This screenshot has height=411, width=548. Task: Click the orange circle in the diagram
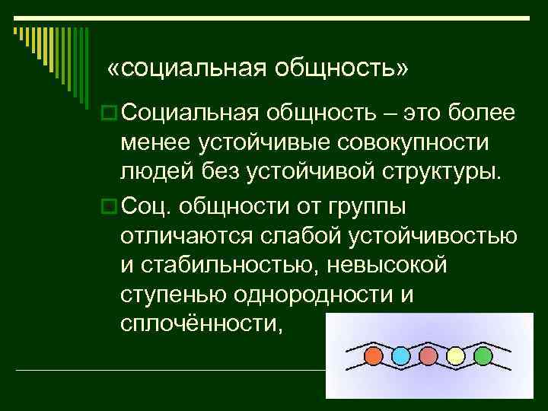click(x=374, y=355)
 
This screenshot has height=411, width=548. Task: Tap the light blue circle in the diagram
click(x=401, y=355)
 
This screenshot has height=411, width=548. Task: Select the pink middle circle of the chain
click(x=429, y=355)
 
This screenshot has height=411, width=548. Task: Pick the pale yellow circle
click(x=455, y=355)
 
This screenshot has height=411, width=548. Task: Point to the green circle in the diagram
click(x=483, y=355)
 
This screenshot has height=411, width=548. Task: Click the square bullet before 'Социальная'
click(x=108, y=113)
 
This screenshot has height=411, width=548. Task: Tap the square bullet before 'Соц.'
click(x=108, y=205)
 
